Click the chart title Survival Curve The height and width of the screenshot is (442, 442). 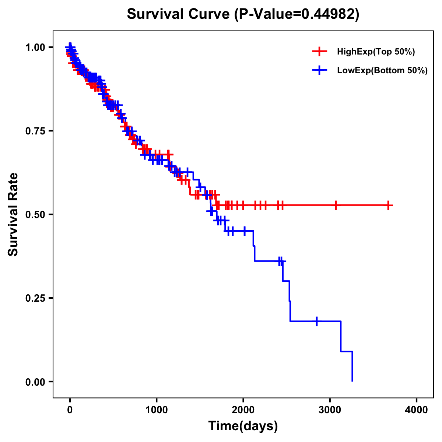coord(179,14)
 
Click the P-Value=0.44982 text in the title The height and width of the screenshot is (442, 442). coord(298,14)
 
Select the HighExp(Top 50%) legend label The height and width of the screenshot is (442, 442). coord(376,52)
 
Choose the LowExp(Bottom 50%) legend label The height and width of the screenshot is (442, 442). coord(382,71)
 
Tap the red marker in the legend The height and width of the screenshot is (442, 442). coord(319,52)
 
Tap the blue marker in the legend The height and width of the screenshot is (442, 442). coord(319,71)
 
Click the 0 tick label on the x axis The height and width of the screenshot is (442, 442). coord(70,410)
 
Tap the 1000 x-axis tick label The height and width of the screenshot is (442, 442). coord(157,410)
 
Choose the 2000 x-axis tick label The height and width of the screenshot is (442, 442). coord(243,410)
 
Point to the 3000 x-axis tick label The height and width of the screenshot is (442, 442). coord(330,410)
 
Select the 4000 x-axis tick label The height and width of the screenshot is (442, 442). coord(417,410)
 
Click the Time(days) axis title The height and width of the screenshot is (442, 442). coord(243,426)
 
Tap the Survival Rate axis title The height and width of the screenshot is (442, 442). coord(13,214)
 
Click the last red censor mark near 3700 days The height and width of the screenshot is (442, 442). coord(388,205)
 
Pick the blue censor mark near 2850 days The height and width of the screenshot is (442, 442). coord(316,321)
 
